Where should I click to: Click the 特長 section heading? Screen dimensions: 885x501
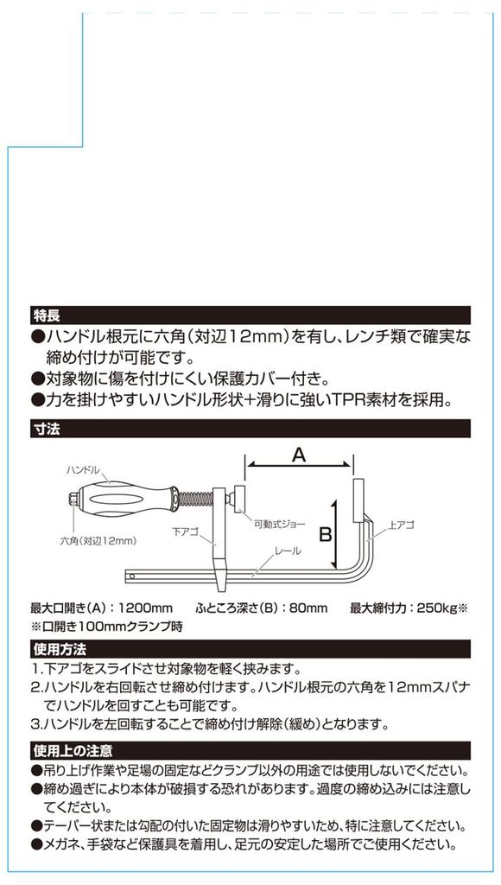46,315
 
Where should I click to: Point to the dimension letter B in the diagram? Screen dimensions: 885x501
326,535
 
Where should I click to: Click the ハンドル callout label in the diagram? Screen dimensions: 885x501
84,470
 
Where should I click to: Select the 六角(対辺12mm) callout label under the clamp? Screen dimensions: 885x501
98,541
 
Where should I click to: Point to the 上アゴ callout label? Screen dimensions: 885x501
403,525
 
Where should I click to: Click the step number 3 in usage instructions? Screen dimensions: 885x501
36,723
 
